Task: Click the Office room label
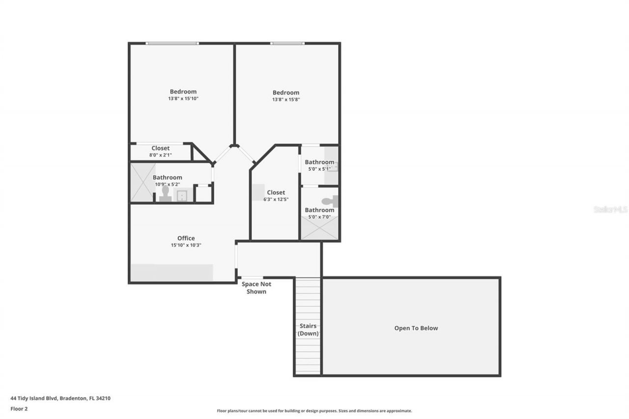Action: tap(186, 238)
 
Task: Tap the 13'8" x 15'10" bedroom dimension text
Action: tap(183, 99)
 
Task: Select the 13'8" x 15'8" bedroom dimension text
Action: tap(286, 99)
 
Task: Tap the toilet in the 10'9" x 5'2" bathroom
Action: tap(165, 194)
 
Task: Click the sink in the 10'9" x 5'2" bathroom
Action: tap(182, 196)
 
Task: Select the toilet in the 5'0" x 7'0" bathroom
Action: tap(330, 201)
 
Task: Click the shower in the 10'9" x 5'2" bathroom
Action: tap(142, 182)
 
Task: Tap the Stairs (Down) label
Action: tap(308, 330)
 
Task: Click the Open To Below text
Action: tap(416, 328)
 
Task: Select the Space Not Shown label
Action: tap(256, 288)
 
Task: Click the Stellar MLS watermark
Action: tap(610, 209)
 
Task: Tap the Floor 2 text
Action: tap(19, 408)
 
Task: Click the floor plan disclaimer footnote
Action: tap(314, 411)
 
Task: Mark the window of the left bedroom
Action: tap(172, 43)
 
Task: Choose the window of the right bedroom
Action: tap(287, 43)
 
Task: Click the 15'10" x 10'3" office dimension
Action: tap(186, 245)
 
